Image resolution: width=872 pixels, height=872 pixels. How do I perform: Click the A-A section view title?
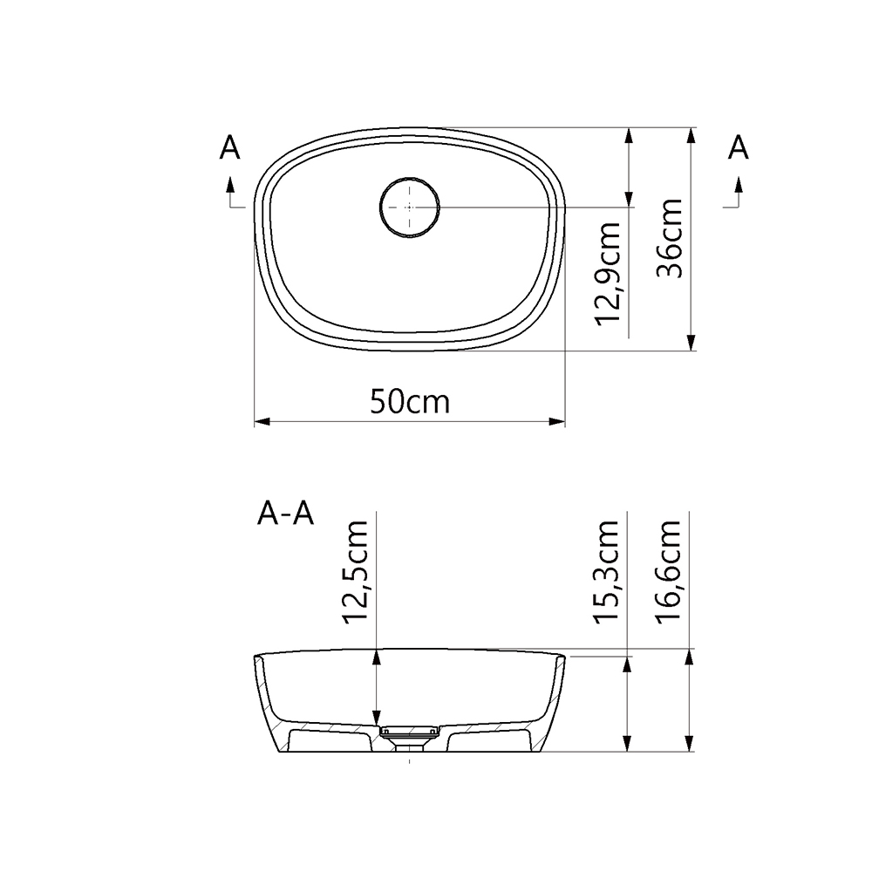[x=285, y=514]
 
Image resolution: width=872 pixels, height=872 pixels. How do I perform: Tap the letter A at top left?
[x=229, y=148]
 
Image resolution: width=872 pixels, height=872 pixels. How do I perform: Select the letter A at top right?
[x=738, y=148]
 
